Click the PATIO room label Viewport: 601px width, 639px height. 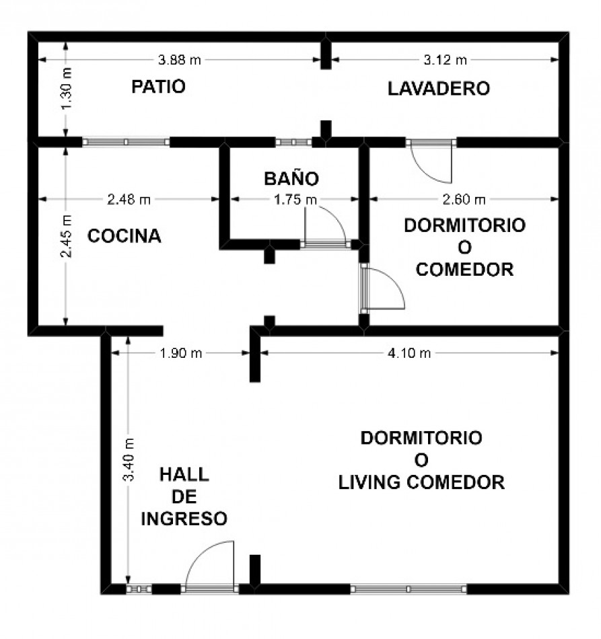point(159,87)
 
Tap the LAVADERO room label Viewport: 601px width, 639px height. point(439,89)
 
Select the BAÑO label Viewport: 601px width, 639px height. point(291,178)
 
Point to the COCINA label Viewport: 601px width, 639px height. point(125,236)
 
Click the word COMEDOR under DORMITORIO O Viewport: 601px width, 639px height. point(465,270)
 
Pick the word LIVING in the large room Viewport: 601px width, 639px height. point(369,482)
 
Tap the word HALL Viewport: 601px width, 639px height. point(184,475)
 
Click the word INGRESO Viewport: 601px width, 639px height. point(184,519)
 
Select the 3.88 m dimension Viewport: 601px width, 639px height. point(180,61)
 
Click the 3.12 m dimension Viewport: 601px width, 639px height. point(446,61)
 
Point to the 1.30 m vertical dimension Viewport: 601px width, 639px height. point(67,89)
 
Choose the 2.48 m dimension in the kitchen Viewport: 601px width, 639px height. point(129,200)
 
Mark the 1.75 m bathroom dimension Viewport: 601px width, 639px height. point(295,200)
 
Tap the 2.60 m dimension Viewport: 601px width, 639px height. point(464,200)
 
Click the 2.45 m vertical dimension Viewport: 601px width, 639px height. point(66,236)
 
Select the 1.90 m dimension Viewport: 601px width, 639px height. point(180,353)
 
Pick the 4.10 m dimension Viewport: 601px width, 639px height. point(409,353)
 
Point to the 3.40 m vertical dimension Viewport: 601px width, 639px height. point(129,459)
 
